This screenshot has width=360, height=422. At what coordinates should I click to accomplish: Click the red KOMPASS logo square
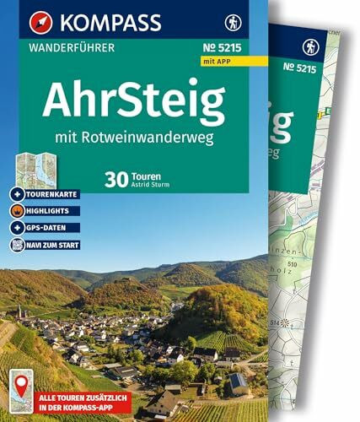(19, 16)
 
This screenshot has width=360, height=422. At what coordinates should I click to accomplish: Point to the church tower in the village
(18, 310)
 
